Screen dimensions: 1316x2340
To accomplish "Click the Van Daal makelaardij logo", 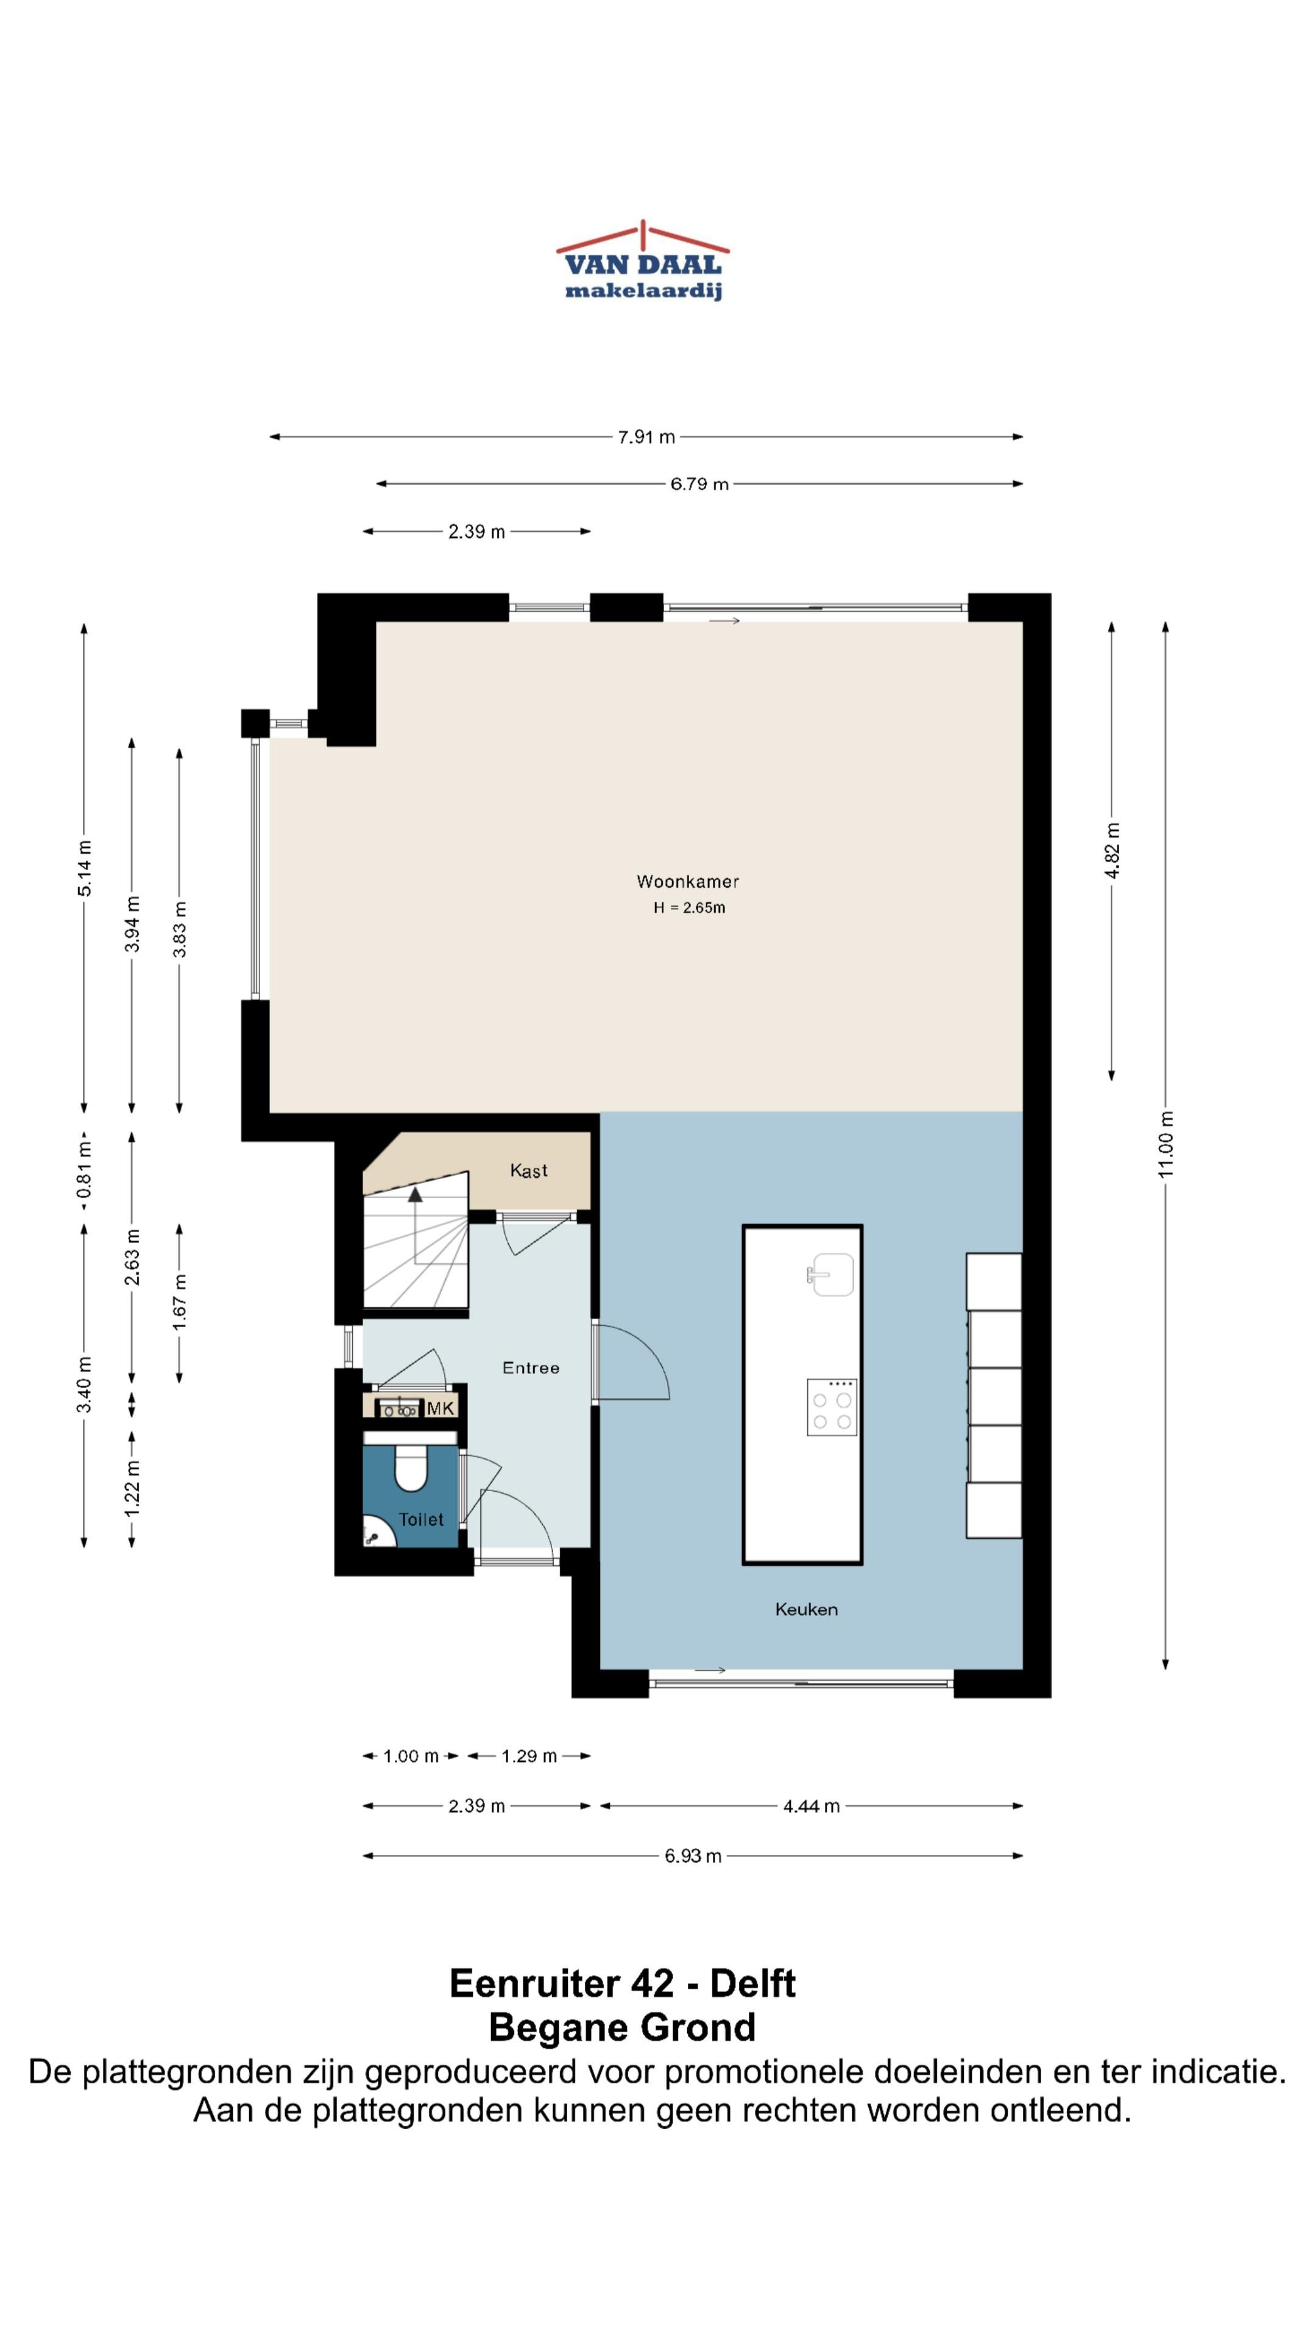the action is (642, 261).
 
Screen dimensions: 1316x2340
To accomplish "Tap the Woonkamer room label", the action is (687, 881).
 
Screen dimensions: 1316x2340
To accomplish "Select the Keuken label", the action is (807, 1609).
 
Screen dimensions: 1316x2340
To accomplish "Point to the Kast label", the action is (529, 1171).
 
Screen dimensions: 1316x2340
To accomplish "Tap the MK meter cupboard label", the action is (440, 1409).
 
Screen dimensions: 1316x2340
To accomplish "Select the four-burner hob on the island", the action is (832, 1407).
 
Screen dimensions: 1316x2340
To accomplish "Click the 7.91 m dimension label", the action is (646, 437).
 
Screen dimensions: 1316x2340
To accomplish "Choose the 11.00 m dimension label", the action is (1166, 1144).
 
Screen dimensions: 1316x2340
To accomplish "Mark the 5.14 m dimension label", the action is (85, 868).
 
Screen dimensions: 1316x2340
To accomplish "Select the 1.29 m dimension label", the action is (529, 1756).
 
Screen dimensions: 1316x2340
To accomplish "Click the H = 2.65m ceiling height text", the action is (689, 907).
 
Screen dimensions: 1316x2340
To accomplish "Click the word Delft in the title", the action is (753, 1983).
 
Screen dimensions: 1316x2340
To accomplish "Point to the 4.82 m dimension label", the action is (1113, 850).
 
